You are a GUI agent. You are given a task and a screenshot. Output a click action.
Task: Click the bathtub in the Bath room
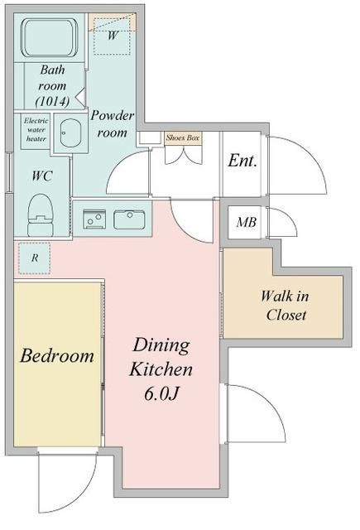tap(50, 37)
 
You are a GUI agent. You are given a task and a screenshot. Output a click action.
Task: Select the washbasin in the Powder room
tap(70, 135)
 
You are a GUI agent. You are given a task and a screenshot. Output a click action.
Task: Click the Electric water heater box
tap(36, 129)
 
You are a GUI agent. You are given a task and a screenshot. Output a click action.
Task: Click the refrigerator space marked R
tap(34, 258)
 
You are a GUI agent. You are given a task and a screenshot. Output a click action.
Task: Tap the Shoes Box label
tap(183, 137)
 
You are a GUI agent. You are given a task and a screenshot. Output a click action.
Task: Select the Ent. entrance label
tap(242, 161)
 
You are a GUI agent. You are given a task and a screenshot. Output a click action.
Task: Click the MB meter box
tap(246, 222)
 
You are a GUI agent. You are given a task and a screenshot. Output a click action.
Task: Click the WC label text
tap(44, 176)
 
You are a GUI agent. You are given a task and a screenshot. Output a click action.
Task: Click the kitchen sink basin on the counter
tap(128, 220)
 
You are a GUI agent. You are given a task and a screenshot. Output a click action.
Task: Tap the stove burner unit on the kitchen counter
tap(93, 220)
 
